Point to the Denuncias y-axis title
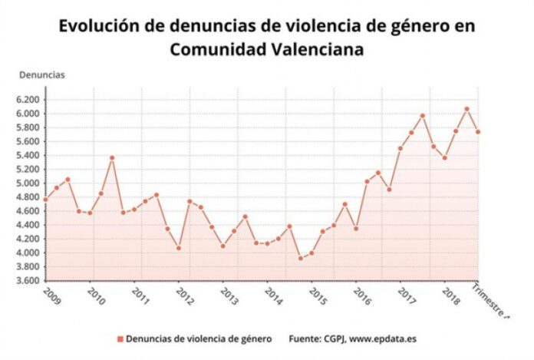point(41,75)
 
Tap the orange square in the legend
point(120,339)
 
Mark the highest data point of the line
point(466,109)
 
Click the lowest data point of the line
point(300,258)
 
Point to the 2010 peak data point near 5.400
point(112,158)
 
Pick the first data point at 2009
point(46,200)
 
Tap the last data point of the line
point(478,132)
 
